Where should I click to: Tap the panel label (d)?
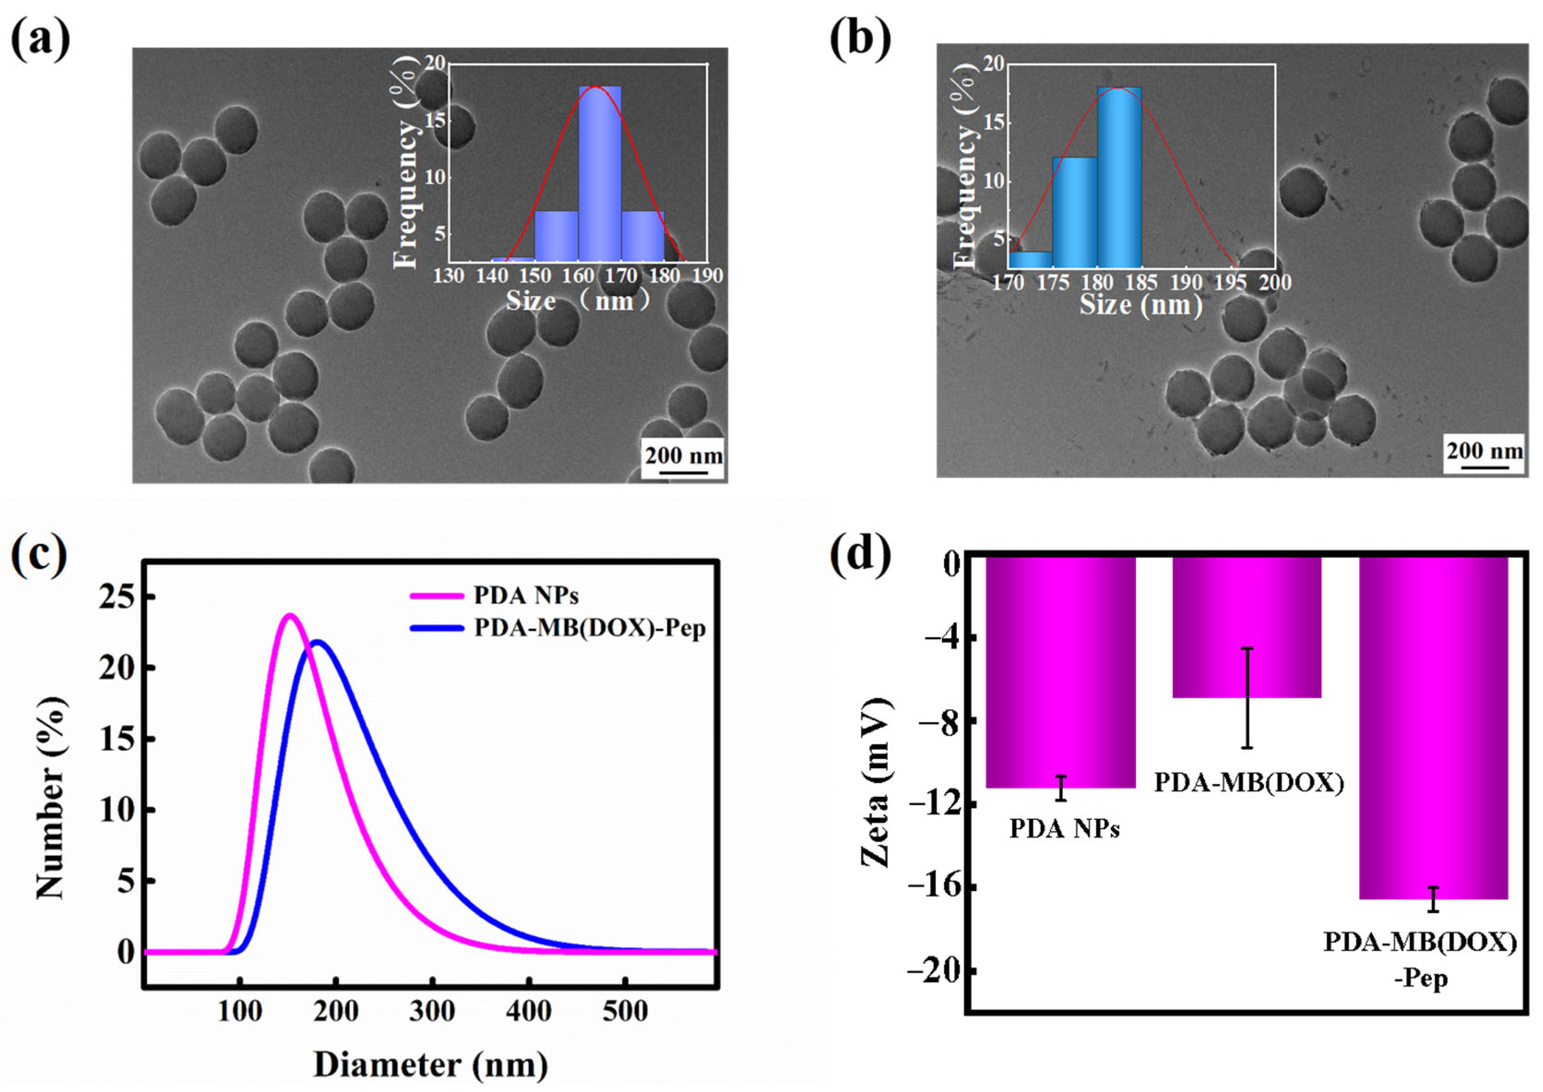860,553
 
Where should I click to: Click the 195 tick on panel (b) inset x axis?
1230,282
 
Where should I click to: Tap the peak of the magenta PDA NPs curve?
290,615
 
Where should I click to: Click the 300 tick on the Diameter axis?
432,1011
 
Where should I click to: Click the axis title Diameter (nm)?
430,1064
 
